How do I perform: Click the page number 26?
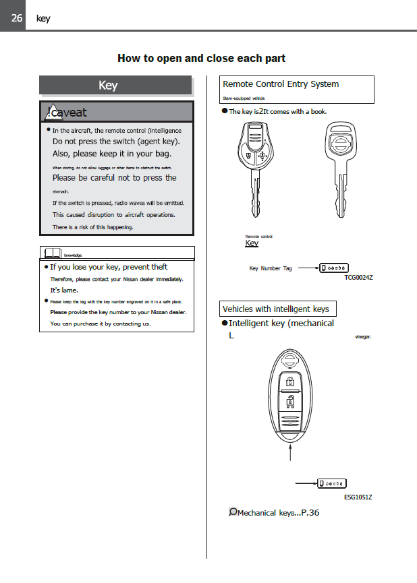coord(13,18)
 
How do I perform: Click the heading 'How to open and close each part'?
coord(201,58)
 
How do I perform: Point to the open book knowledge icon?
coord(51,253)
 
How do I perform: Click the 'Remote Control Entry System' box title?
coord(281,84)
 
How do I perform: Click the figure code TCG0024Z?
coord(358,278)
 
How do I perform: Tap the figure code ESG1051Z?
coord(358,497)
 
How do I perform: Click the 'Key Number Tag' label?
coord(271,268)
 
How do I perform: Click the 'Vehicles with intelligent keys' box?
coord(276,309)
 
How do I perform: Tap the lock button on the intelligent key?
coord(289,383)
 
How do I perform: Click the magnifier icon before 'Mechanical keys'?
coord(233,512)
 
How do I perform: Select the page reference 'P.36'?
coord(310,513)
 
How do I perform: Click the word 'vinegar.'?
coord(363,336)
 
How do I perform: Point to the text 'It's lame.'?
coord(65,290)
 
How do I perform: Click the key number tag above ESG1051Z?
coord(332,483)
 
